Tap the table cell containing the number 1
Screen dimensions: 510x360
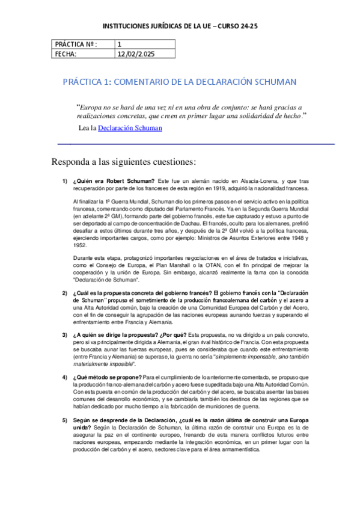click(x=120, y=44)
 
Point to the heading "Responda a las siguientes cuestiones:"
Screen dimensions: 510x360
click(x=123, y=162)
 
